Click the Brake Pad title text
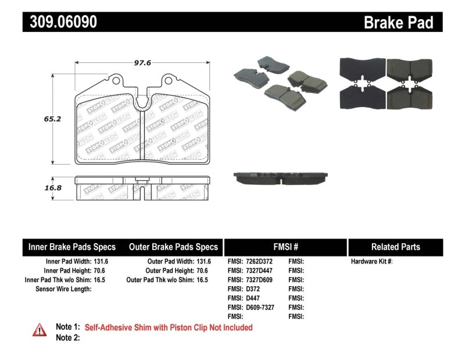[x=398, y=23]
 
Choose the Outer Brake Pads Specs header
[x=173, y=247]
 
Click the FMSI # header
[x=285, y=247]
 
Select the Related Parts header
[x=395, y=247]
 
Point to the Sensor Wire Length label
[x=63, y=288]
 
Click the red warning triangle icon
[x=39, y=330]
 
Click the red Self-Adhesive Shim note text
[x=169, y=327]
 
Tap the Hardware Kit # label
[x=371, y=262]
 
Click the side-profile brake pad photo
[x=281, y=178]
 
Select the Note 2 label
[x=67, y=338]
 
